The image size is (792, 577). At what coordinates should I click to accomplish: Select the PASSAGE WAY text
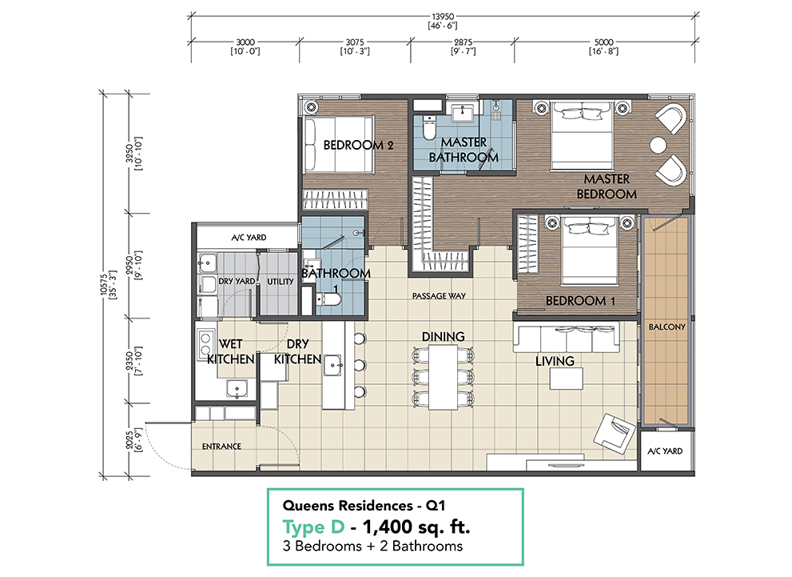coord(439,296)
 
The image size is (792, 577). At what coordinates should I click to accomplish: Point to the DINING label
coord(444,337)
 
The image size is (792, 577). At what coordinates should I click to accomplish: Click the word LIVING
coord(555,361)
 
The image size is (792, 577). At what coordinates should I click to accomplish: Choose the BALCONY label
coord(665,327)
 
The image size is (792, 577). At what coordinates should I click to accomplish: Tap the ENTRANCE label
coord(221,447)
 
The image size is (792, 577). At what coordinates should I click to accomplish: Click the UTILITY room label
coord(281,282)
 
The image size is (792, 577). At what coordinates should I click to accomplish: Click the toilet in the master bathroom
coord(428,129)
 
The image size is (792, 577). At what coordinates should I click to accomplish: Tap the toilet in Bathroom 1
coord(328,299)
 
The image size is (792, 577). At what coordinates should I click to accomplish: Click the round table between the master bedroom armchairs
coord(658,145)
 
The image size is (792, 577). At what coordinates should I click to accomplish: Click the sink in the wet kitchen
coord(237,389)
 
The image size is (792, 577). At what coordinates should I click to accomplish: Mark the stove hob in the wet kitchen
coord(204,343)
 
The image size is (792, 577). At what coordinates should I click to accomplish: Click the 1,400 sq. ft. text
coord(417,527)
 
